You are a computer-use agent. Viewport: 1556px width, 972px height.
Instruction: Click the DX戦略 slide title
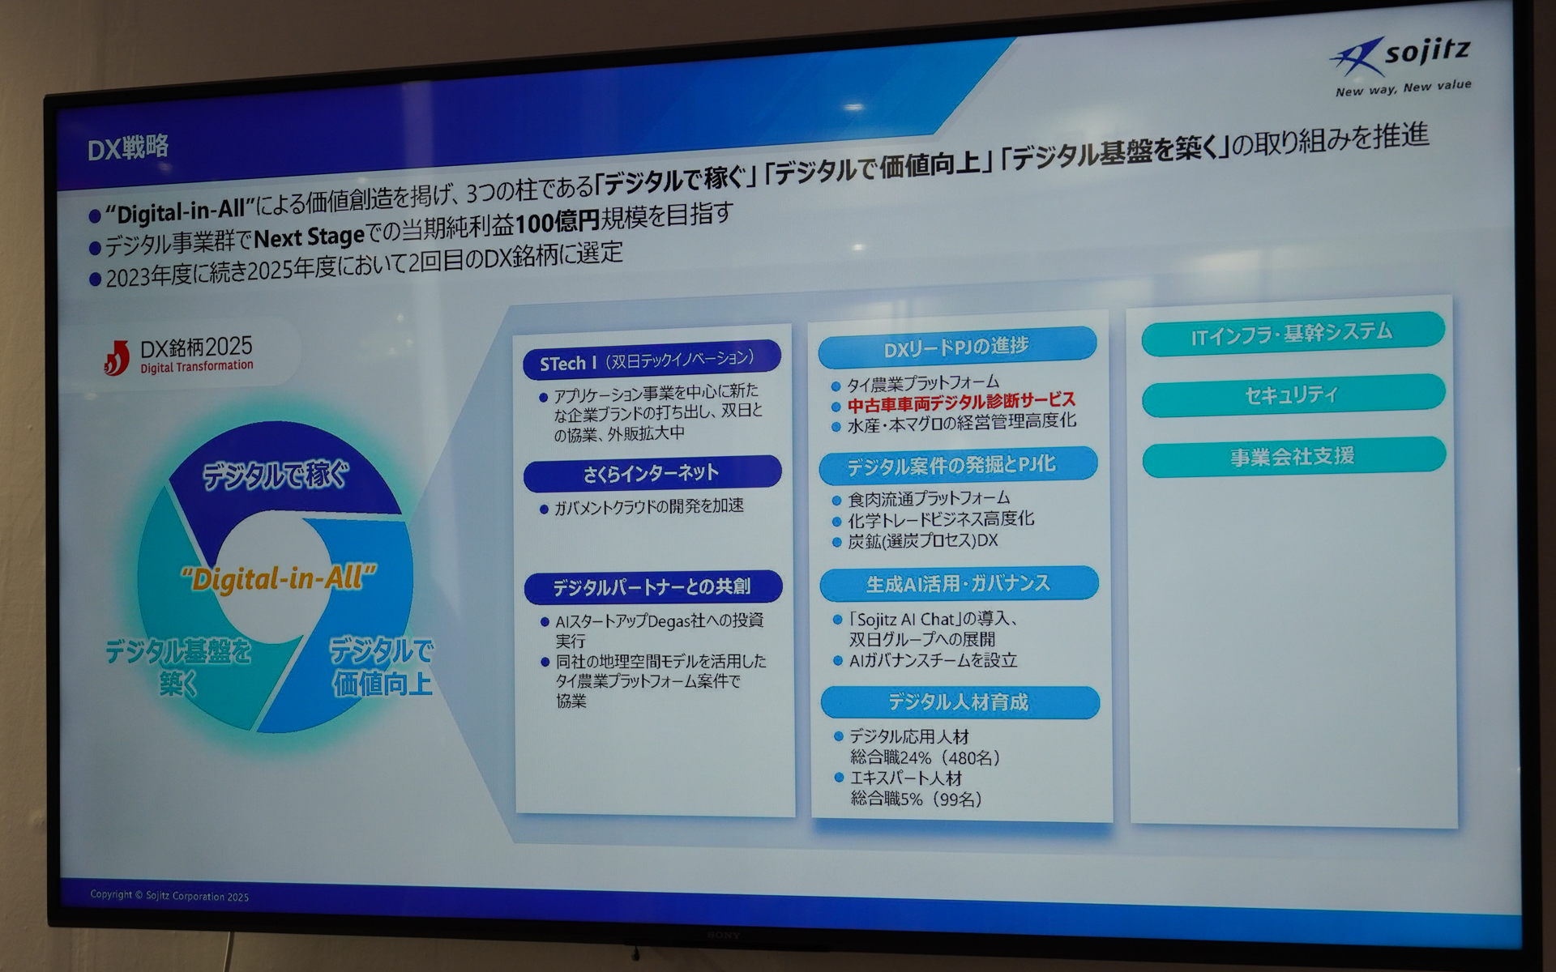(x=128, y=147)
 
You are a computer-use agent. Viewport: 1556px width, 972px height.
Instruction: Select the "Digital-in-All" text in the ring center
(x=279, y=578)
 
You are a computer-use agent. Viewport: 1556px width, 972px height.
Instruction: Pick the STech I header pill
(x=651, y=360)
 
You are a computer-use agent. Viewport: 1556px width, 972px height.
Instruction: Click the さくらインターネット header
(x=652, y=473)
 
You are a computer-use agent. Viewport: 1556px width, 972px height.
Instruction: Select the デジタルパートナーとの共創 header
(x=652, y=586)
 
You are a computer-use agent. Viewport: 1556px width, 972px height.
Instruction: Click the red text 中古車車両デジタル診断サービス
(x=961, y=402)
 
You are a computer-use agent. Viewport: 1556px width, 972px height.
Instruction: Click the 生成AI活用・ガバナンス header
(x=959, y=583)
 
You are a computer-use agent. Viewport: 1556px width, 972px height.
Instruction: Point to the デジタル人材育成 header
(x=960, y=701)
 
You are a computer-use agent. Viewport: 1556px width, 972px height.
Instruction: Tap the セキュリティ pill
(x=1293, y=394)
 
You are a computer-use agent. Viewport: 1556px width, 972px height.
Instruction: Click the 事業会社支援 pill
(x=1293, y=457)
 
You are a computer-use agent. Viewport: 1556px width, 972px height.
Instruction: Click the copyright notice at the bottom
(x=169, y=896)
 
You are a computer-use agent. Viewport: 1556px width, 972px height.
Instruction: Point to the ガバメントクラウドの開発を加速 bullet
(x=648, y=506)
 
